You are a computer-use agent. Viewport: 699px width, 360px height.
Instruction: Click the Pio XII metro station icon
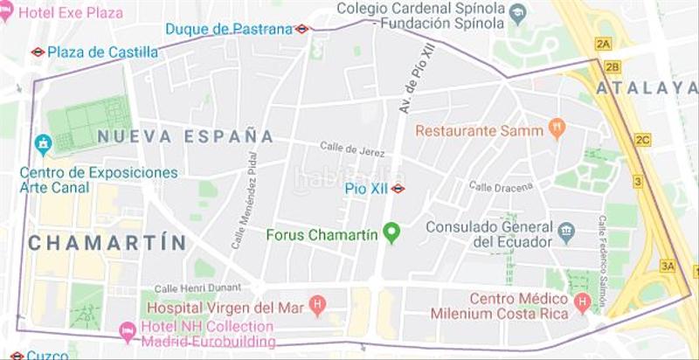pyautogui.click(x=398, y=188)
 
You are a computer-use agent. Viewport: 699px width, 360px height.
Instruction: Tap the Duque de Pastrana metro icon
pyautogui.click(x=301, y=29)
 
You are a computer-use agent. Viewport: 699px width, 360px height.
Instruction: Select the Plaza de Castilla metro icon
pyautogui.click(x=38, y=52)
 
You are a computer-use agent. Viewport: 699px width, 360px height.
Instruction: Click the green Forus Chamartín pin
pyautogui.click(x=391, y=233)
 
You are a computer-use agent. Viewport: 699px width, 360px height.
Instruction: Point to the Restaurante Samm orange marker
pyautogui.click(x=557, y=131)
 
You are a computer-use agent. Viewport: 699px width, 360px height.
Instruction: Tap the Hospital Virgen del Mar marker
pyautogui.click(x=317, y=307)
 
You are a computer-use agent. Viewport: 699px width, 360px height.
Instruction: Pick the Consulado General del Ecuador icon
pyautogui.click(x=568, y=232)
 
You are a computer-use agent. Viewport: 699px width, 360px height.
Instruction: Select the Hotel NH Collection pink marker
pyautogui.click(x=127, y=331)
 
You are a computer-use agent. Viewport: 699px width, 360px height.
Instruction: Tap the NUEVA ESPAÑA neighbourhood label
pyautogui.click(x=185, y=136)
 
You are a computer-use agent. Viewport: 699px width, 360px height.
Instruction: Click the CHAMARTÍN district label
pyautogui.click(x=107, y=243)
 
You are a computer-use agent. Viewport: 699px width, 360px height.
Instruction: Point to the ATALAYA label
pyautogui.click(x=647, y=88)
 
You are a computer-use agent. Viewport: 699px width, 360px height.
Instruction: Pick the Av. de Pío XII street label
pyautogui.click(x=417, y=80)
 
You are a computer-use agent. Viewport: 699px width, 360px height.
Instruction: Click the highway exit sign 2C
pyautogui.click(x=643, y=140)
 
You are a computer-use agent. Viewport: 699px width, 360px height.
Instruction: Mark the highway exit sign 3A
pyautogui.click(x=669, y=266)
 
